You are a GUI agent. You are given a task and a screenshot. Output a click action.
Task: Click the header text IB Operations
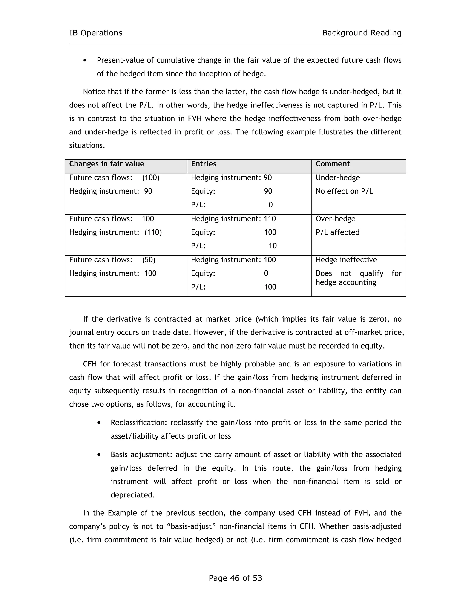pyautogui.click(x=96, y=33)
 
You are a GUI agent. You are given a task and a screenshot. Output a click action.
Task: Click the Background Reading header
pyautogui.click(x=362, y=33)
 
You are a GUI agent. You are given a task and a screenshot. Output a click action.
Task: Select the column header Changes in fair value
pyautogui.click(x=106, y=164)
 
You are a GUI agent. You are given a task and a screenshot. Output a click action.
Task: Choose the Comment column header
pyautogui.click(x=333, y=164)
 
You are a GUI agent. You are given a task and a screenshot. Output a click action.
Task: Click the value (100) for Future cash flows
pyautogui.click(x=151, y=178)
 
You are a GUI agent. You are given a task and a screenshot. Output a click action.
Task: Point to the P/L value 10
pyautogui.click(x=272, y=246)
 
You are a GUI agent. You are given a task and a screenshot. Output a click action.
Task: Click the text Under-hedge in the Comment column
pyautogui.click(x=338, y=178)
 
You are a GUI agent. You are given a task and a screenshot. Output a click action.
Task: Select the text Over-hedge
pyautogui.click(x=335, y=219)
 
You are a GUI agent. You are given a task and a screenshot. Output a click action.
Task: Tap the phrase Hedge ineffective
pyautogui.click(x=346, y=260)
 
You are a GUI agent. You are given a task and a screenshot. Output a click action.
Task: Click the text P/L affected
pyautogui.click(x=337, y=232)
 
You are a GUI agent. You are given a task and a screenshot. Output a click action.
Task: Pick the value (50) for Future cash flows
pyautogui.click(x=149, y=260)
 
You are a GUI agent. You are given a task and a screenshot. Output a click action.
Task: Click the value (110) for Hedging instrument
pyautogui.click(x=153, y=232)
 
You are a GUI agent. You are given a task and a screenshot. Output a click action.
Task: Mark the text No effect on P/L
pyautogui.click(x=344, y=191)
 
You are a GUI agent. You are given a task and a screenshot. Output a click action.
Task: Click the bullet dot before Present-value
pyautogui.click(x=85, y=61)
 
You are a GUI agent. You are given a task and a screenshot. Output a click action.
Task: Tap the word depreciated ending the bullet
pyautogui.click(x=132, y=495)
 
